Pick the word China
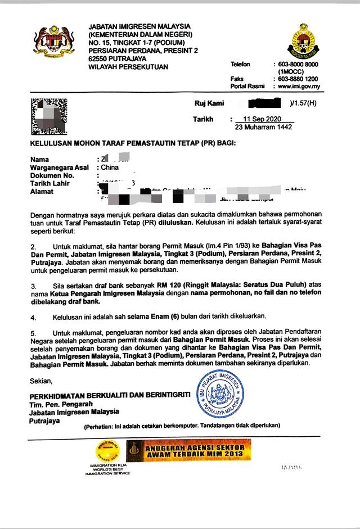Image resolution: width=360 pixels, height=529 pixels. [x=109, y=168]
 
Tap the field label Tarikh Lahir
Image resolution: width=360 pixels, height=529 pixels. [x=50, y=183]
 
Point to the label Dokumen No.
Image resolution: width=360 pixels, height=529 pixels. [x=52, y=175]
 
